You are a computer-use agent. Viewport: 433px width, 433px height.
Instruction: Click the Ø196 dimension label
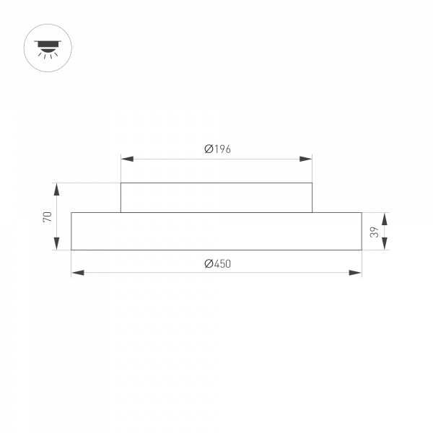[x=216, y=149]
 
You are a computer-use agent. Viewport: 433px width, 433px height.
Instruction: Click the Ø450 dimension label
[x=216, y=264]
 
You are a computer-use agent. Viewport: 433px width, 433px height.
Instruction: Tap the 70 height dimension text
[x=48, y=216]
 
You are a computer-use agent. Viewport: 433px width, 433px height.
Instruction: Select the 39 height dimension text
[x=374, y=231]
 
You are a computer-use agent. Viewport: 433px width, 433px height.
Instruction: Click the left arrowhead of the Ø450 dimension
[x=77, y=273]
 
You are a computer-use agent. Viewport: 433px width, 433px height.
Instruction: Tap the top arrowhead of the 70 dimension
[x=56, y=189]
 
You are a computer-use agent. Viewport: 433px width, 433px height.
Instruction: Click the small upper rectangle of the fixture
[x=216, y=198]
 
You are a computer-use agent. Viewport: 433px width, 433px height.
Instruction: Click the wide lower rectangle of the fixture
[x=216, y=231]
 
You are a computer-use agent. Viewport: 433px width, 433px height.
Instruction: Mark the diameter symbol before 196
[x=208, y=149]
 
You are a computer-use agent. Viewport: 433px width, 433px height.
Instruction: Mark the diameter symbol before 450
[x=208, y=264]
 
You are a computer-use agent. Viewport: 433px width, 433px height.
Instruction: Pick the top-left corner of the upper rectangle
[x=121, y=183]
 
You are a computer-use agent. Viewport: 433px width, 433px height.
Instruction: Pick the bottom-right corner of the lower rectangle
[x=361, y=250]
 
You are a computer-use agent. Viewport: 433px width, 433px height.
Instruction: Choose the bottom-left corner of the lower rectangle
[x=71, y=250]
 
